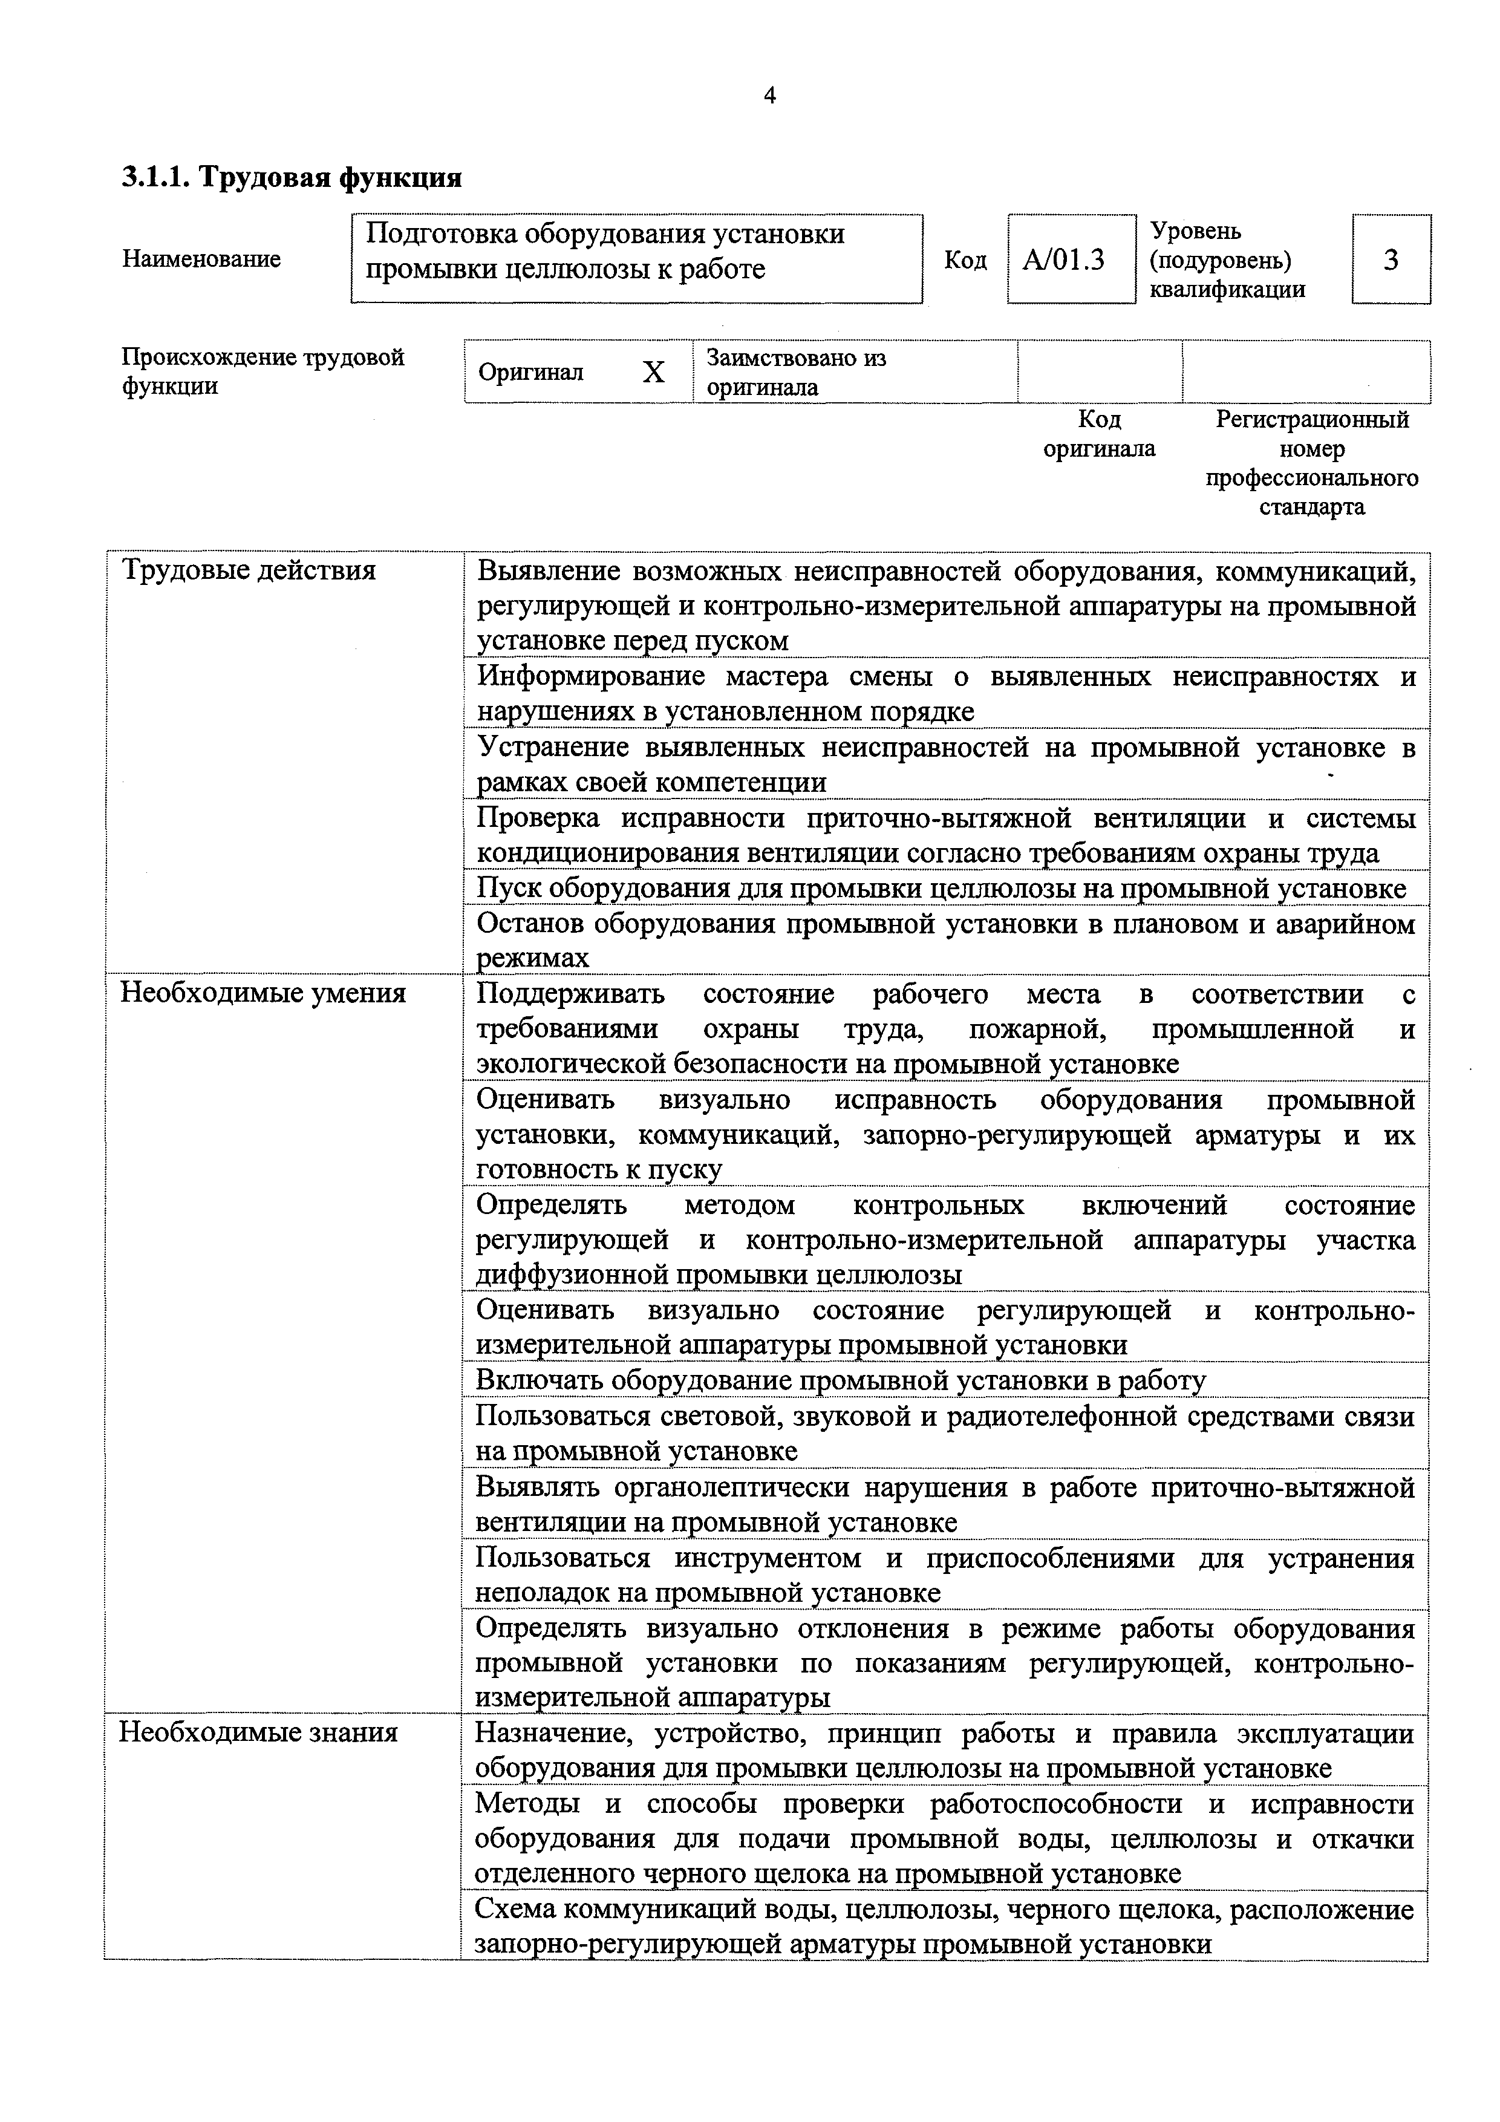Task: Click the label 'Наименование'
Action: tap(201, 259)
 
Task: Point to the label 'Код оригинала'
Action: tap(1099, 434)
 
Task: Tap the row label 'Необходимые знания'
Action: tap(259, 1731)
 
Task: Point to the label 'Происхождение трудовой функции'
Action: tap(263, 371)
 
